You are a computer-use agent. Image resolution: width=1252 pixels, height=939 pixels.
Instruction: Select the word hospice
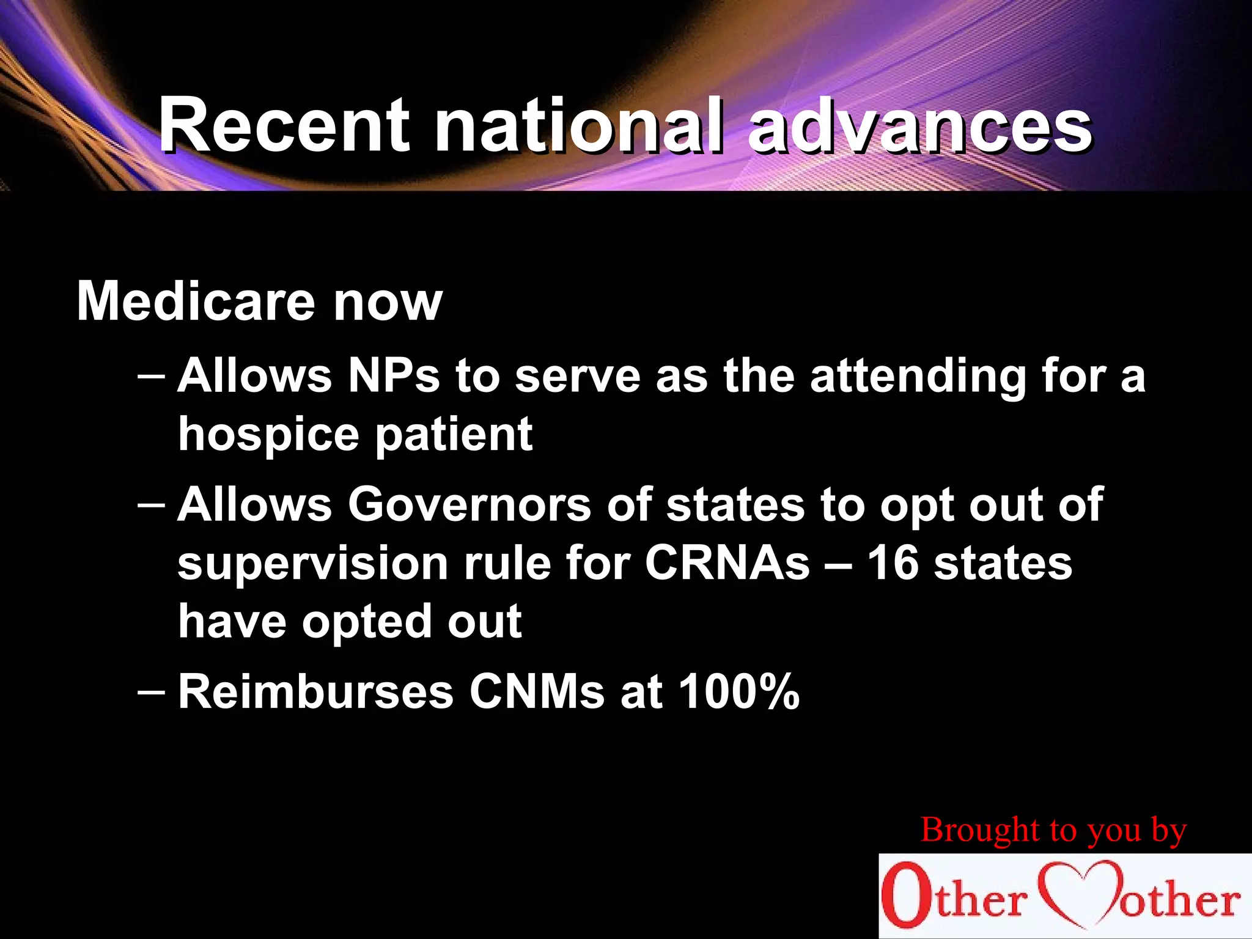pyautogui.click(x=268, y=435)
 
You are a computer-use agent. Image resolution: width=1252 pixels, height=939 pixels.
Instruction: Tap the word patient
pyautogui.click(x=454, y=435)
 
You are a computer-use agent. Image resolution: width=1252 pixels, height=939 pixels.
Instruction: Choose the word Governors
pyautogui.click(x=469, y=504)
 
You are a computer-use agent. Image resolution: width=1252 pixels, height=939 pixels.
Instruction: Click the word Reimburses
pyautogui.click(x=315, y=691)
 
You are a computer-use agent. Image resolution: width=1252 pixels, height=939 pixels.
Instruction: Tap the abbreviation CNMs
pyautogui.click(x=537, y=691)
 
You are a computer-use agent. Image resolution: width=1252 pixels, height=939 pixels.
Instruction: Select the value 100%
pyautogui.click(x=739, y=691)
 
